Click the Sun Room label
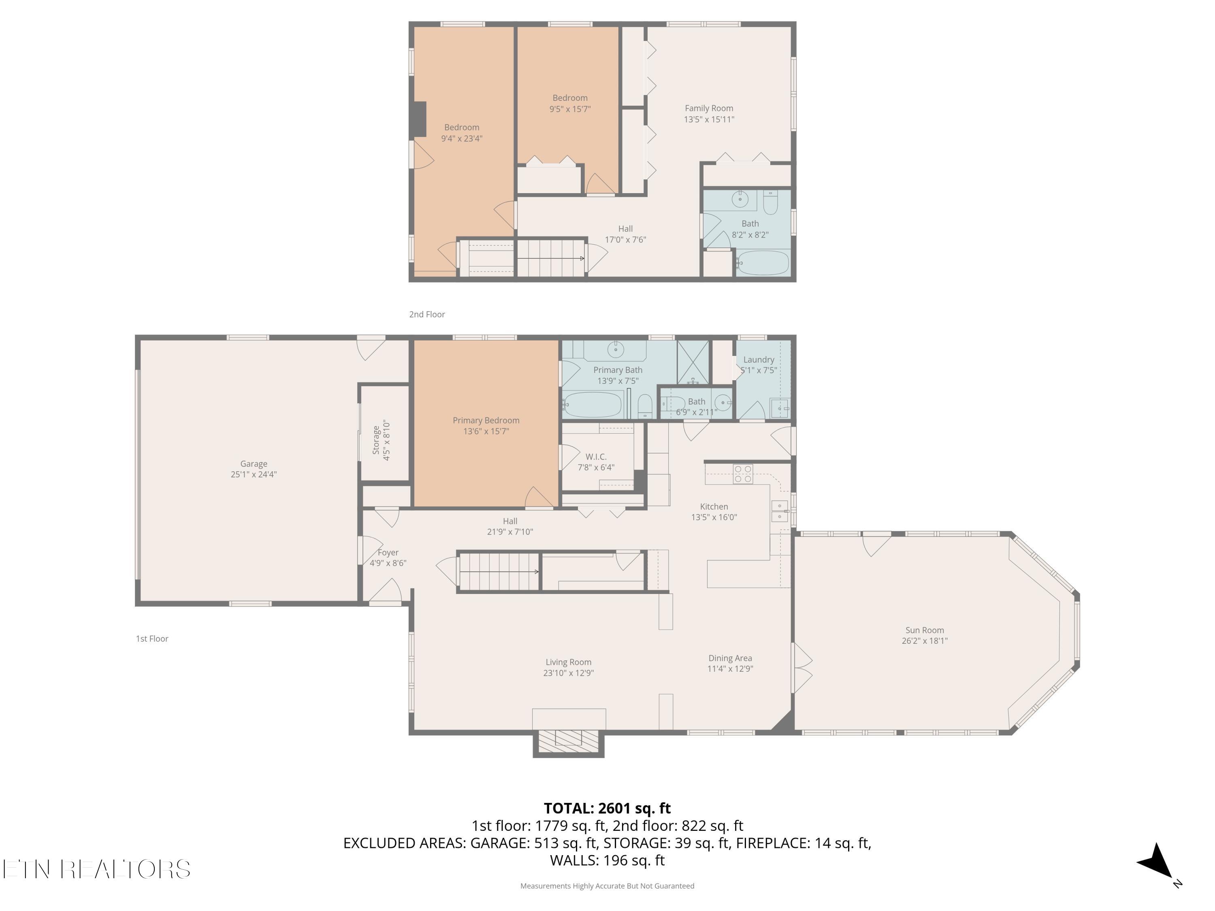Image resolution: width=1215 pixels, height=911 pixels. [x=925, y=630]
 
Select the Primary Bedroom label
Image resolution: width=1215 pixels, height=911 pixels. [x=486, y=420]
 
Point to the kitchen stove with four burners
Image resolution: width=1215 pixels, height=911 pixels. [x=743, y=474]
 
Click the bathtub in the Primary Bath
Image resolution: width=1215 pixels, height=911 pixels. [x=592, y=405]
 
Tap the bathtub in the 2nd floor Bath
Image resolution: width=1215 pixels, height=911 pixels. [x=762, y=263]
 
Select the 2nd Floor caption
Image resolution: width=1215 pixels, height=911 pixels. [x=427, y=314]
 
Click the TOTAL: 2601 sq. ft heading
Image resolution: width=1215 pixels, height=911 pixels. [x=607, y=808]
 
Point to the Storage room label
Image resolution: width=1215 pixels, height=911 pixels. [x=376, y=439]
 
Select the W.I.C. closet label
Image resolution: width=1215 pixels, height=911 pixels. [x=595, y=456]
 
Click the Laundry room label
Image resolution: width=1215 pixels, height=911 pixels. [x=759, y=360]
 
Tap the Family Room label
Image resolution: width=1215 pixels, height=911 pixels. [x=709, y=108]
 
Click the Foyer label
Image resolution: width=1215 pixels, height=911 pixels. [x=388, y=552]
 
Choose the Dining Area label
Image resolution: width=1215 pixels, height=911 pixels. [x=730, y=658]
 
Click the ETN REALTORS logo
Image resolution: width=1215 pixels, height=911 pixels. [x=97, y=869]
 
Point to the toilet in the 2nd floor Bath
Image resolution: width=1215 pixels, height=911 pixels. [x=770, y=204]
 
